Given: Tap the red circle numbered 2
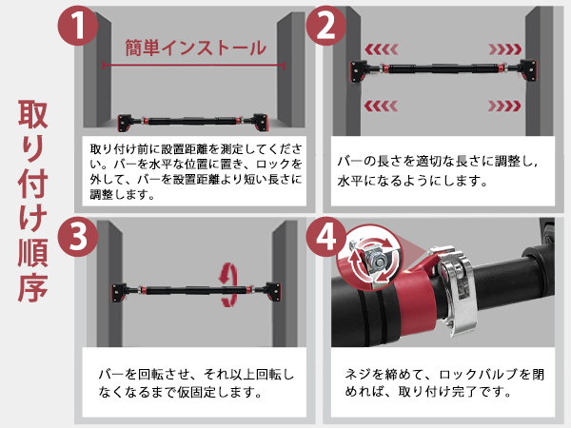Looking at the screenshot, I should click(x=325, y=27).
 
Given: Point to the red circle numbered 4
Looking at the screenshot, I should click(x=325, y=236).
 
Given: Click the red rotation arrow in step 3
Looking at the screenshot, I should click(x=229, y=285).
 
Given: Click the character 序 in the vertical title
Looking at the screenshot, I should click(x=37, y=284).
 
